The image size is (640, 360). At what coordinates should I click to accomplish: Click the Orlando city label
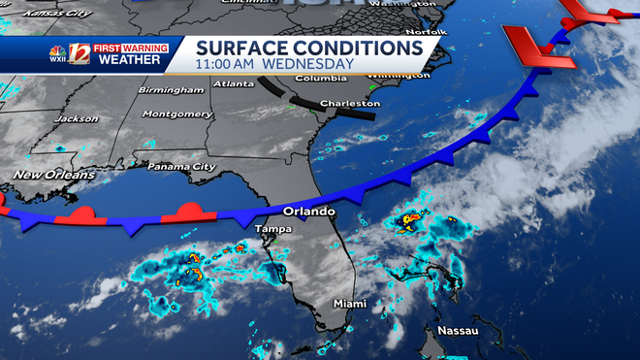click(x=308, y=212)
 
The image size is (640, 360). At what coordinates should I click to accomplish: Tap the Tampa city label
click(x=272, y=229)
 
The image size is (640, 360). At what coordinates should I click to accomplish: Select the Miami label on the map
click(x=350, y=304)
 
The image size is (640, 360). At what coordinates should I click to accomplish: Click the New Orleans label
click(x=54, y=175)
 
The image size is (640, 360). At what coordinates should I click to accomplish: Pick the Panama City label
click(x=181, y=167)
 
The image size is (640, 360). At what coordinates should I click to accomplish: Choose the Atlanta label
click(x=235, y=83)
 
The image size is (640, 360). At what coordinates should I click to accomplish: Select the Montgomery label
click(x=176, y=114)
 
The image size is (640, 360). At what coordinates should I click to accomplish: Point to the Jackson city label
click(x=78, y=119)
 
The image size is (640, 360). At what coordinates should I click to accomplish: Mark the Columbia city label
click(x=321, y=78)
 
